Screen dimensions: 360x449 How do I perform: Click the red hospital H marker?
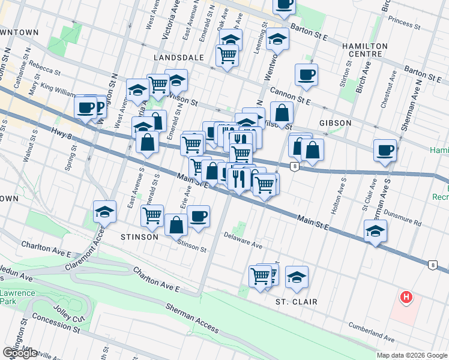coord(407,296)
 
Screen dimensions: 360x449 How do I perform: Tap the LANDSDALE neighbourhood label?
coord(175,57)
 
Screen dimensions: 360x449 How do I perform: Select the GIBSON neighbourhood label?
coord(335,123)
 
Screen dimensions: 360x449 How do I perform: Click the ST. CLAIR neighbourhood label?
coord(296,301)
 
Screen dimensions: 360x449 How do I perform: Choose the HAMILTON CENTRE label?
coord(361,50)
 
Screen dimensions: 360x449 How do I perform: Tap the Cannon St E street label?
coord(290,95)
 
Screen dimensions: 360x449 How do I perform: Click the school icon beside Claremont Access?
coord(104,212)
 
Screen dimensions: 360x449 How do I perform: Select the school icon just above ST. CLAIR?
coord(297,277)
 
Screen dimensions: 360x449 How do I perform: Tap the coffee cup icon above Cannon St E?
coord(306,75)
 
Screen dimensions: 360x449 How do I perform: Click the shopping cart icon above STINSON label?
coord(152,215)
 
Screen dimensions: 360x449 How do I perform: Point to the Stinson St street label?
coord(191,245)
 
